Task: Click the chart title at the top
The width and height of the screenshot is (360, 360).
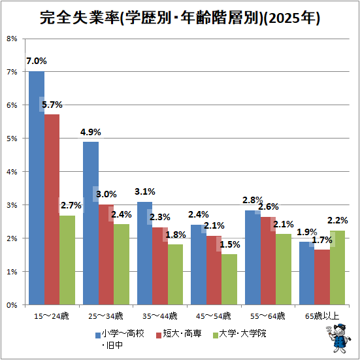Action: click(180, 18)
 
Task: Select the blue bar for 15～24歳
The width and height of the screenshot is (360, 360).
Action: click(37, 188)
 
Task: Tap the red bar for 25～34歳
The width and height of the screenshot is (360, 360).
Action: click(106, 255)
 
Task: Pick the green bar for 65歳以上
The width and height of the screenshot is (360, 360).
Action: click(337, 268)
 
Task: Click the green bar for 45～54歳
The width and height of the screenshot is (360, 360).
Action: click(229, 280)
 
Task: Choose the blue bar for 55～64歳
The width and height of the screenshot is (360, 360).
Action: click(253, 257)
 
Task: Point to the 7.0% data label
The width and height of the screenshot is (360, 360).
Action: click(37, 61)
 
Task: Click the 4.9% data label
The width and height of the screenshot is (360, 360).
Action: click(90, 132)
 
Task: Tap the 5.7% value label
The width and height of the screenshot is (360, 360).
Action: click(52, 105)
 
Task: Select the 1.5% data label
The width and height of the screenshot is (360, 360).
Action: click(230, 244)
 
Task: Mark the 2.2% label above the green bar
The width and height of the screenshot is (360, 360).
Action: click(337, 220)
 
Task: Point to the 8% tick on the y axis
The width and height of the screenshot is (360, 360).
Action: click(12, 39)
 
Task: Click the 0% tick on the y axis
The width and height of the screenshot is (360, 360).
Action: click(12, 305)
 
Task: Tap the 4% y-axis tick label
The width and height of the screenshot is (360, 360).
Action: click(12, 172)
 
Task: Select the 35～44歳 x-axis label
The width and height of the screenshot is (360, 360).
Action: click(160, 316)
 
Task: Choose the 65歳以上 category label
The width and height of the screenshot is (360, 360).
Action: click(322, 316)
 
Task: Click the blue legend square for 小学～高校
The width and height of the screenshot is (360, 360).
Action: click(98, 335)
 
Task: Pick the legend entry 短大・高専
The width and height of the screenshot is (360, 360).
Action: click(178, 334)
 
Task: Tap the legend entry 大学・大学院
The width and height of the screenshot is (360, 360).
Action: click(240, 334)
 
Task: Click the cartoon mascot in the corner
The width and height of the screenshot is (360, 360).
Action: click(338, 338)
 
